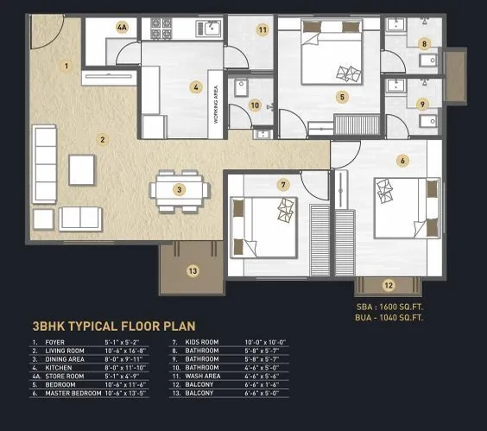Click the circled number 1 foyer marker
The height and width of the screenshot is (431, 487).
66,65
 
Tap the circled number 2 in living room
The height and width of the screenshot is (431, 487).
102,139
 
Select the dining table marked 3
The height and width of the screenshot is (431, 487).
179,189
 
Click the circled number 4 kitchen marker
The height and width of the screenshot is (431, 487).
197,86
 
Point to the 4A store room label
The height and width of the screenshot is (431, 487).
122,27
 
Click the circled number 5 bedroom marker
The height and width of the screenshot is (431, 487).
342,97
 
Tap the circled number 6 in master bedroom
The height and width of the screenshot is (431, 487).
402,160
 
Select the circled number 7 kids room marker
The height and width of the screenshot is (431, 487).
282,185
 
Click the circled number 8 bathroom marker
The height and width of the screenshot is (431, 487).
423,43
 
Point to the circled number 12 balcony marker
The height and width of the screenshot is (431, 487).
388,284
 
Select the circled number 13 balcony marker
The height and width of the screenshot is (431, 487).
193,270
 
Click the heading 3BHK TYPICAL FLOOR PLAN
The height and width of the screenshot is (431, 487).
113,326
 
